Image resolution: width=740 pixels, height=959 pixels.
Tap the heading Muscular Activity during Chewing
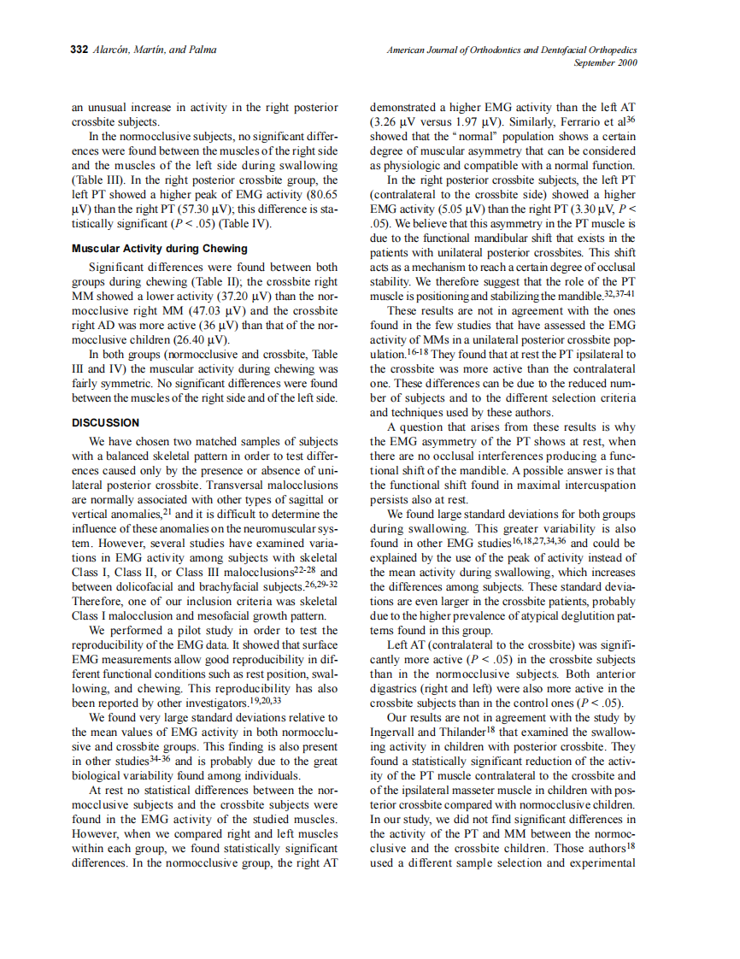[160, 249]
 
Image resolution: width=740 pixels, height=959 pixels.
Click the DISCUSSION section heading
[105, 422]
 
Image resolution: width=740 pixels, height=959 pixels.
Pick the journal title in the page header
[512, 50]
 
